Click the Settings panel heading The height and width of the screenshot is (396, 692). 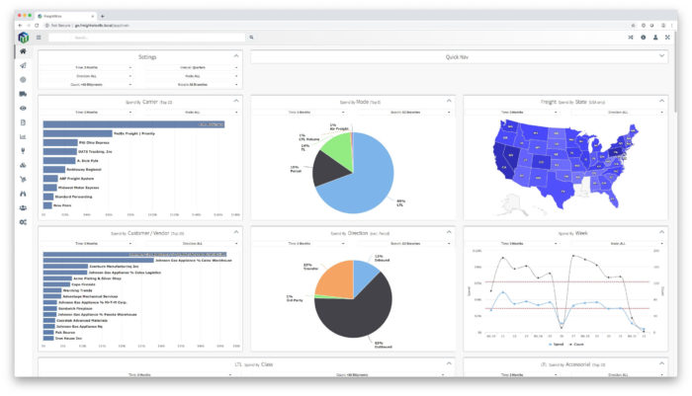point(147,57)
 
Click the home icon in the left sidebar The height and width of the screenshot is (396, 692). point(23,50)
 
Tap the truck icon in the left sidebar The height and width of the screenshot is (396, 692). point(23,93)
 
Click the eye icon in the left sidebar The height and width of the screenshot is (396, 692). point(23,108)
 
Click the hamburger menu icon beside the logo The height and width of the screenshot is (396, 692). point(39,38)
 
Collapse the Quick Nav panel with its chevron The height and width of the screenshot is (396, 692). point(662,57)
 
